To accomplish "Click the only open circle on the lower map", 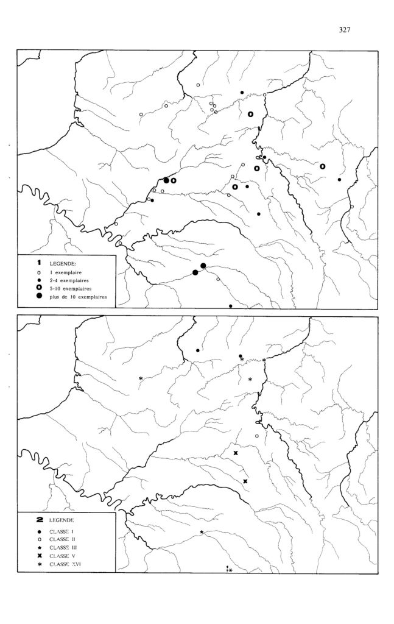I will pos(257,436).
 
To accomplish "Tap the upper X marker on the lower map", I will pos(236,453).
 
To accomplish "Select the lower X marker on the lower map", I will pos(245,481).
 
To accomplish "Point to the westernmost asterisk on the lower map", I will pos(141,378).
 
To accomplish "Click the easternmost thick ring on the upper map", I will pos(323,165).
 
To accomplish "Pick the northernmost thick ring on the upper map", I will pos(250,113).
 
